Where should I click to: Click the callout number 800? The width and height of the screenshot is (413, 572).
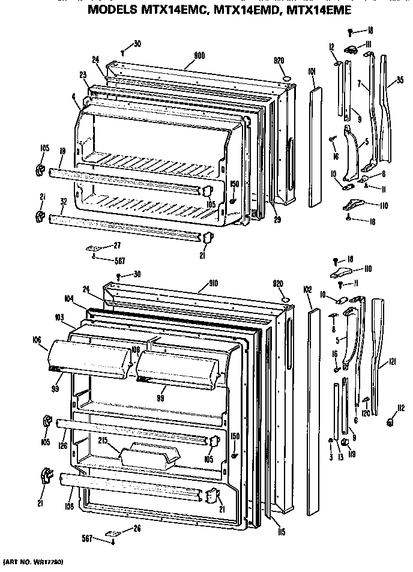pyautogui.click(x=199, y=55)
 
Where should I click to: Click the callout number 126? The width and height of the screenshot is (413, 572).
pyautogui.click(x=62, y=445)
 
